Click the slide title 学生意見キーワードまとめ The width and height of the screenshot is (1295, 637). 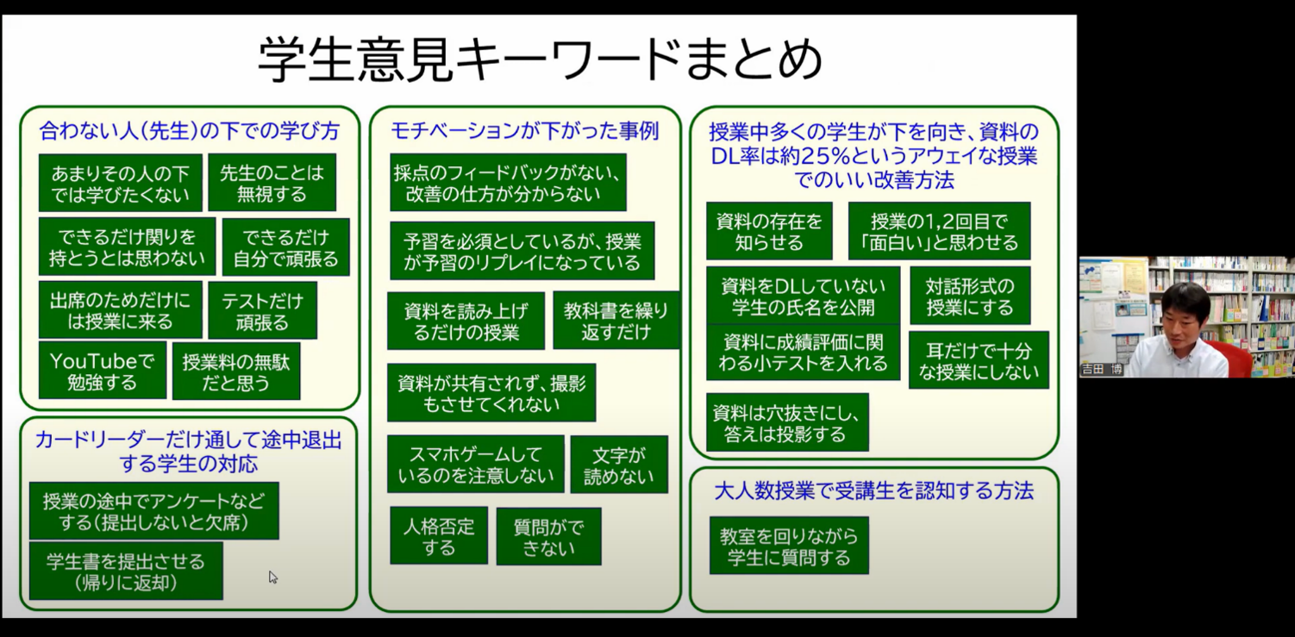click(540, 59)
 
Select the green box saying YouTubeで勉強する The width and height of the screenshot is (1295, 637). click(102, 371)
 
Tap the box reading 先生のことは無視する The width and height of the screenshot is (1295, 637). click(272, 183)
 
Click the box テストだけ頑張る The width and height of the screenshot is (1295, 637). click(262, 310)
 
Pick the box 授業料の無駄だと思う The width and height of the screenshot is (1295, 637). click(235, 372)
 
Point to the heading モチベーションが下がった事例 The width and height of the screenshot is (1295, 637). click(524, 131)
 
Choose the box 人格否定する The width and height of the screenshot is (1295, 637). click(438, 536)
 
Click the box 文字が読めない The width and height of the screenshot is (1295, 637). click(618, 465)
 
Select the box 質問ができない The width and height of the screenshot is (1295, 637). click(547, 537)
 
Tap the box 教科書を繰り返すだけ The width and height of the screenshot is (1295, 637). click(616, 321)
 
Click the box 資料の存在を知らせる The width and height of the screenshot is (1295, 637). click(768, 231)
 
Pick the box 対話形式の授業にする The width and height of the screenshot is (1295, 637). click(969, 296)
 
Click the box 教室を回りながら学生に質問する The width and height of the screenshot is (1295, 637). click(788, 546)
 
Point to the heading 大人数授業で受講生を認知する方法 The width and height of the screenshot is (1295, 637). click(873, 491)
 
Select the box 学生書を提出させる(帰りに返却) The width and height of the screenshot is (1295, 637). click(126, 571)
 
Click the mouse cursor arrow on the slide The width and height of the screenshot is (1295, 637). click(272, 576)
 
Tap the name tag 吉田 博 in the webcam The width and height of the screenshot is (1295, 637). click(1102, 370)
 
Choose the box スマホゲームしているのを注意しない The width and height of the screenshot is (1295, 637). click(475, 464)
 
